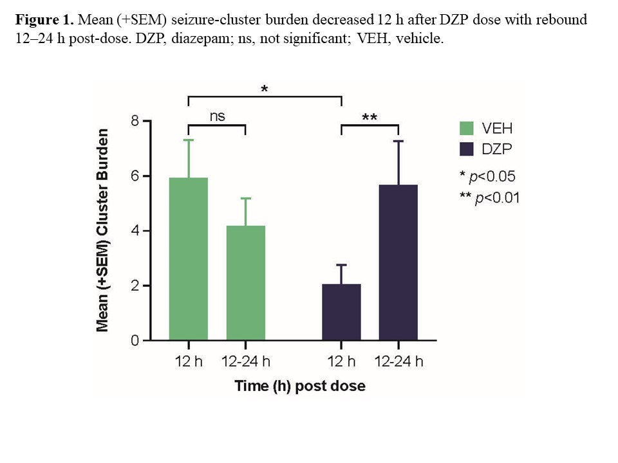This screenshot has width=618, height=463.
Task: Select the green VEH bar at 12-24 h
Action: (x=246, y=283)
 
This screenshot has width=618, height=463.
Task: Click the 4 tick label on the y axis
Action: (x=135, y=231)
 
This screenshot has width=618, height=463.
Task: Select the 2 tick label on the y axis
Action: (x=135, y=286)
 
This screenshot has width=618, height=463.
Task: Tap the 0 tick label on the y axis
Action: (x=135, y=340)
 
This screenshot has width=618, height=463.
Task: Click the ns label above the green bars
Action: (x=217, y=116)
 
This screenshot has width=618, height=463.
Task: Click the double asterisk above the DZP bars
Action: (x=370, y=118)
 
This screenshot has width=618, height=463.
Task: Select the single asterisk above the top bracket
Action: (x=265, y=90)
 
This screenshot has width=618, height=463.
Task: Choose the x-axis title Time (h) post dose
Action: (x=300, y=386)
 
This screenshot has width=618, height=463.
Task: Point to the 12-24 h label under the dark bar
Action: (x=398, y=361)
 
